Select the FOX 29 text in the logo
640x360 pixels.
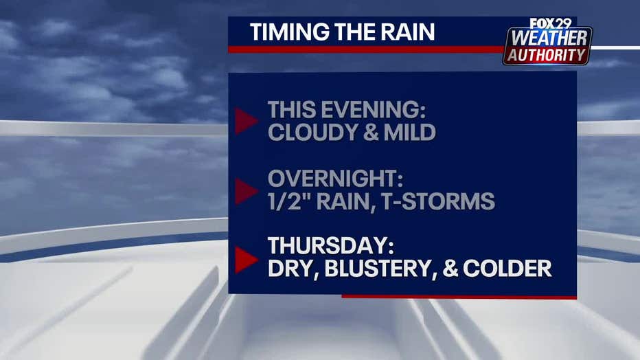click(x=550, y=23)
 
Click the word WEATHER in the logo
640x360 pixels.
click(x=549, y=38)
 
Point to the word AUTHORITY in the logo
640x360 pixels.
click(x=547, y=55)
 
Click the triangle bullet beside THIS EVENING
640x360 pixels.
click(x=246, y=121)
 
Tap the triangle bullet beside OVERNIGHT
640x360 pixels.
click(x=246, y=191)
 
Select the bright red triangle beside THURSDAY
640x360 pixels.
click(x=246, y=260)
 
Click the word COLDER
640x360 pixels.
click(x=507, y=269)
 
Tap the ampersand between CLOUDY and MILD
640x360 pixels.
click(x=370, y=132)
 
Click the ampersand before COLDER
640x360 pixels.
click(x=450, y=269)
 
